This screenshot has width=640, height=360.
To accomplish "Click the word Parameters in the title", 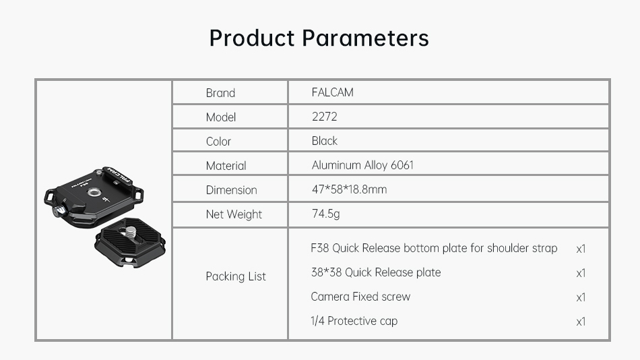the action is pyautogui.click(x=365, y=38).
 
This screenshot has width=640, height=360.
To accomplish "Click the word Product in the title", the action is pyautogui.click(x=252, y=38).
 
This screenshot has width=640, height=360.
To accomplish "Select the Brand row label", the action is pyautogui.click(x=220, y=93).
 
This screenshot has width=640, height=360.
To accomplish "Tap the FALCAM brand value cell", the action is pyautogui.click(x=333, y=92).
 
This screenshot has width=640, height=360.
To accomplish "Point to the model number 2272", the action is pyautogui.click(x=325, y=117).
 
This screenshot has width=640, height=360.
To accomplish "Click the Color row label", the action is pyautogui.click(x=218, y=142).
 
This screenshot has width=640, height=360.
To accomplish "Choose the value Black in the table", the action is pyautogui.click(x=325, y=141).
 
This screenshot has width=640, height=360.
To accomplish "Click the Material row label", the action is pyautogui.click(x=226, y=165).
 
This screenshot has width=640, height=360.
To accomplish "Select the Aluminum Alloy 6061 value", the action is pyautogui.click(x=362, y=164).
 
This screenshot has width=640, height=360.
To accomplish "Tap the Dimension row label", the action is pyautogui.click(x=232, y=189).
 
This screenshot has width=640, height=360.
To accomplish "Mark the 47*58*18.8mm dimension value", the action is pyautogui.click(x=350, y=189).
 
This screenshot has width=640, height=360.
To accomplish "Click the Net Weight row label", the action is pyautogui.click(x=234, y=214).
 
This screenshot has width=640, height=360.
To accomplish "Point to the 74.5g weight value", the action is pyautogui.click(x=325, y=214).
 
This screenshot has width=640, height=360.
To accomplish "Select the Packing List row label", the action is pyautogui.click(x=236, y=276).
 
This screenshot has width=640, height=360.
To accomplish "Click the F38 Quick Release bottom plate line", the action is pyautogui.click(x=434, y=248).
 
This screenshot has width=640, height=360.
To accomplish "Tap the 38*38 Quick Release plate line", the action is pyautogui.click(x=376, y=272).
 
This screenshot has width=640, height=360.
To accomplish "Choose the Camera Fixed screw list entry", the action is pyautogui.click(x=360, y=296).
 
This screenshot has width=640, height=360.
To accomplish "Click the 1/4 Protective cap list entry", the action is pyautogui.click(x=354, y=321).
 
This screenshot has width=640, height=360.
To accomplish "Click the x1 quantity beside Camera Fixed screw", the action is pyautogui.click(x=581, y=297).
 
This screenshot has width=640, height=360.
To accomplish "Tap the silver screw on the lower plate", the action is pyautogui.click(x=131, y=233).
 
